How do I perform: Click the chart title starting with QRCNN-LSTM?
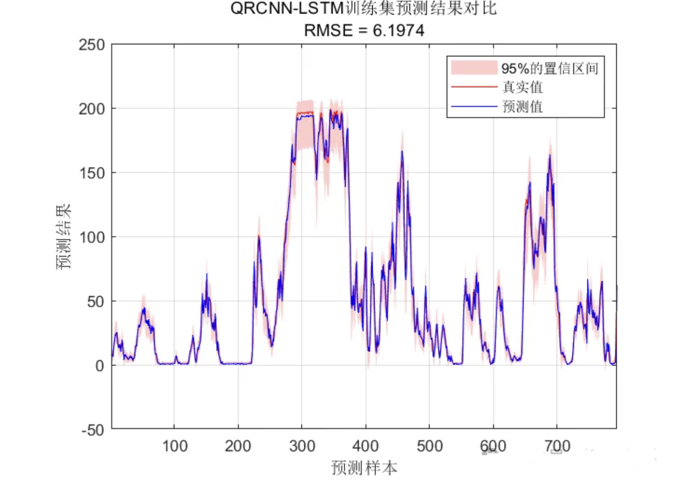[364, 9]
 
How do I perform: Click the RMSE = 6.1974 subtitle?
[364, 30]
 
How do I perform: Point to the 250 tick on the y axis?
[92, 45]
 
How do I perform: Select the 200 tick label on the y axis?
[92, 109]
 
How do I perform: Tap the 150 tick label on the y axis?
[92, 173]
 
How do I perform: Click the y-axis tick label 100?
[92, 237]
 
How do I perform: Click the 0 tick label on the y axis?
[100, 366]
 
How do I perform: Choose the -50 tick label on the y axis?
[93, 430]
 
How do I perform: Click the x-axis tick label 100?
[175, 446]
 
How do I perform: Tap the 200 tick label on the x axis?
[238, 446]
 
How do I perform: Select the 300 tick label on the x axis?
[302, 446]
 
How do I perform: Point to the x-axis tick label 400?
[365, 446]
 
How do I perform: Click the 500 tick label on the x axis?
[429, 446]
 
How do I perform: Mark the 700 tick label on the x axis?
[557, 446]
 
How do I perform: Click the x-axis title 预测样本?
[364, 468]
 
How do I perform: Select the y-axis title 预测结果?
[64, 236]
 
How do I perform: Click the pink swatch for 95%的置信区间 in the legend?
[474, 68]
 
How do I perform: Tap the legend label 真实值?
[522, 87]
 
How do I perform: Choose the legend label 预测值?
[522, 106]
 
